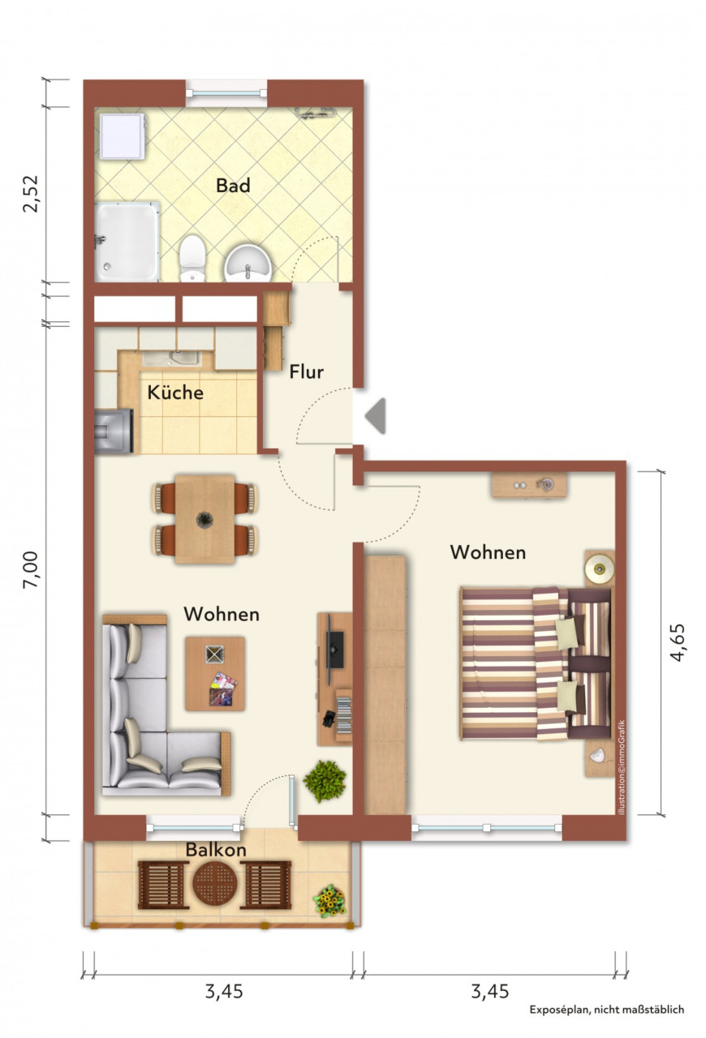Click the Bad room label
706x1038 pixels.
click(233, 186)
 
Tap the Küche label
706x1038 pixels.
click(175, 392)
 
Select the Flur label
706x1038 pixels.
click(306, 371)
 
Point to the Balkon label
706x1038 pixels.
click(216, 849)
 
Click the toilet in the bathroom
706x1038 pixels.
click(192, 258)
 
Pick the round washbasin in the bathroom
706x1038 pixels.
click(248, 264)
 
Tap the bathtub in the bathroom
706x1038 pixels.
click(127, 242)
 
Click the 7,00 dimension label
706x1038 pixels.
click(32, 570)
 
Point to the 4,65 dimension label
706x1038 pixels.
click(678, 643)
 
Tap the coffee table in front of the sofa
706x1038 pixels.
click(215, 674)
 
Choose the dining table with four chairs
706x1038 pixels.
click(204, 519)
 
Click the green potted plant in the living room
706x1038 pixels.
click(325, 781)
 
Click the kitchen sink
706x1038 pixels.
click(171, 358)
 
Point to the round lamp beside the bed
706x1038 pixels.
click(600, 567)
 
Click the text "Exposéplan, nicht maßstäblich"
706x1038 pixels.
click(607, 1010)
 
